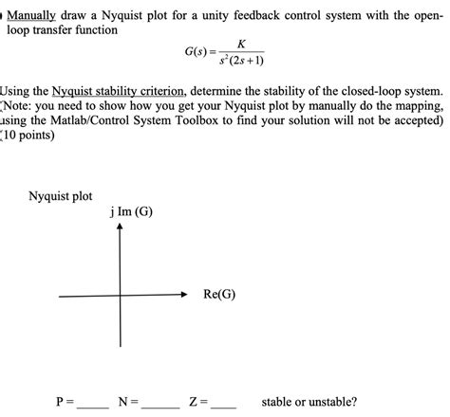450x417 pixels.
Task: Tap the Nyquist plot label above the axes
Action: [x=60, y=197]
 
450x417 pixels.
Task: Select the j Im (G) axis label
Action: [x=130, y=211]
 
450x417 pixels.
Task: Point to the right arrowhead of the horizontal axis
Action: [x=184, y=296]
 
